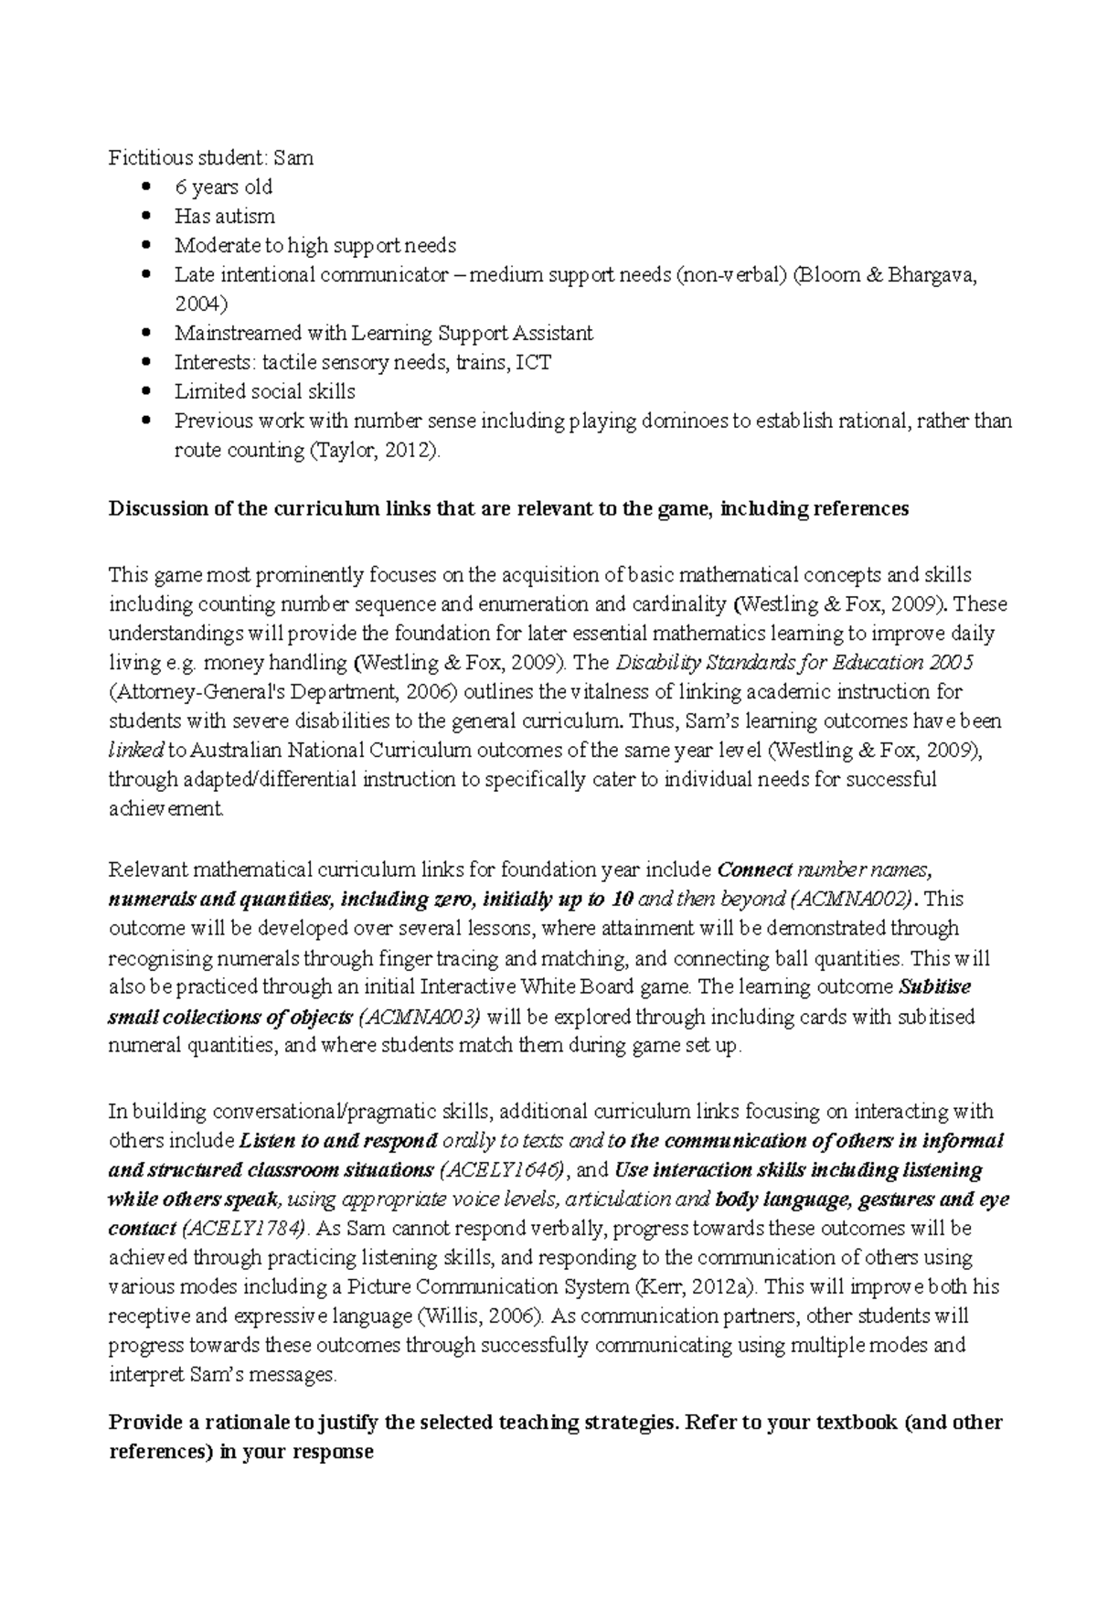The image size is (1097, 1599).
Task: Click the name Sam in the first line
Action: tap(299, 158)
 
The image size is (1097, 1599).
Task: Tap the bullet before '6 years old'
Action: tap(146, 187)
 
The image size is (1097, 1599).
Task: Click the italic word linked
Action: tap(135, 751)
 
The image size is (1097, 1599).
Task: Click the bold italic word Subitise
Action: tap(934, 987)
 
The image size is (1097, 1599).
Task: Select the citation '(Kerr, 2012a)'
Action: tap(695, 1287)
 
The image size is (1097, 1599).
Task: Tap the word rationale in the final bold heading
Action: tap(222, 1423)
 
